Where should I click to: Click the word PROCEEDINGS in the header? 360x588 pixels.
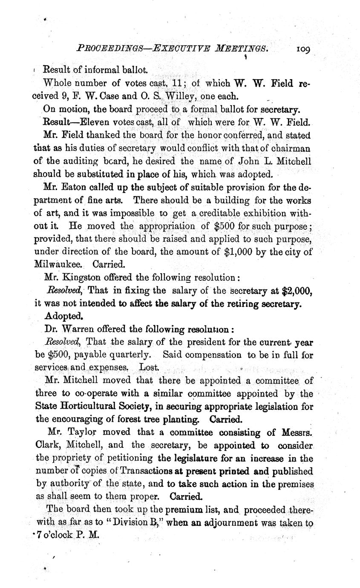112,49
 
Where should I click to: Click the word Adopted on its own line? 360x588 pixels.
63,317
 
